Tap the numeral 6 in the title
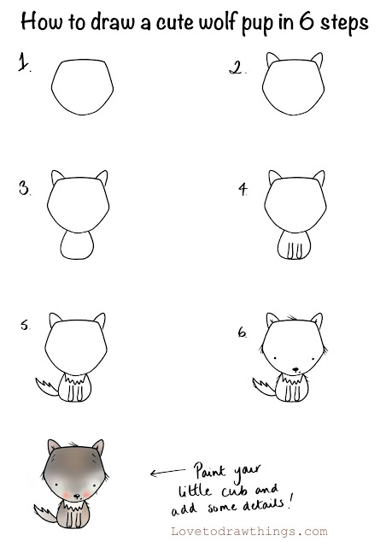pyautogui.click(x=307, y=21)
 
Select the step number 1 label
pyautogui.click(x=24, y=62)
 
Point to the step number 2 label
pyautogui.click(x=237, y=68)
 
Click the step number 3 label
pyautogui.click(x=25, y=188)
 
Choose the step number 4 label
pyautogui.click(x=243, y=189)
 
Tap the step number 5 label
pyautogui.click(x=25, y=325)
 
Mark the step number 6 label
pyautogui.click(x=243, y=332)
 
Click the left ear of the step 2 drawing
pyautogui.click(x=272, y=59)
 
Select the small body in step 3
pyautogui.click(x=77, y=245)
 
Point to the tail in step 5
pyautogui.click(x=46, y=386)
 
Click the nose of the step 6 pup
pyautogui.click(x=295, y=369)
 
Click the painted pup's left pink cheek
pyautogui.click(x=67, y=494)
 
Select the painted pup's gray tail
pyautogui.click(x=45, y=513)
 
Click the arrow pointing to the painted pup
pyautogui.click(x=167, y=472)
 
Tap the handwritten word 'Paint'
pyautogui.click(x=210, y=471)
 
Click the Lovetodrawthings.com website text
pyautogui.click(x=249, y=532)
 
